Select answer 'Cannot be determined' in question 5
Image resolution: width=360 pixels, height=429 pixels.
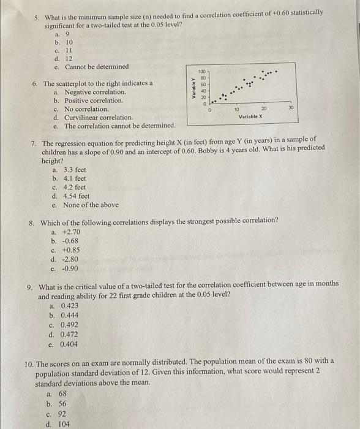pos(97,66)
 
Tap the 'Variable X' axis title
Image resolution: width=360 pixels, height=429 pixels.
pos(251,116)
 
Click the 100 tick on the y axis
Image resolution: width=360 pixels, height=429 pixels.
pos(201,72)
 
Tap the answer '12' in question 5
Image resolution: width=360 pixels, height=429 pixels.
pos(67,58)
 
